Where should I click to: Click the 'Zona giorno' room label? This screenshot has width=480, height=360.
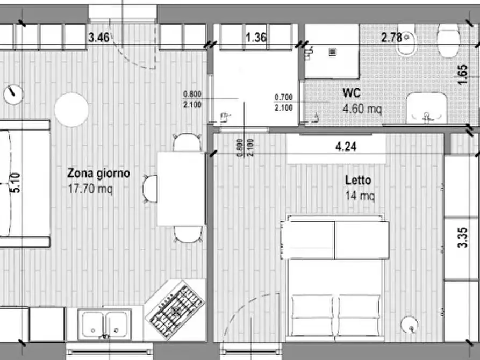pos(98,174)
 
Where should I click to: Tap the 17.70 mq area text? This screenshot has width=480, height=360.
pos(90,189)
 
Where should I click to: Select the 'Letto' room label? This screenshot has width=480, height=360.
pos(358,181)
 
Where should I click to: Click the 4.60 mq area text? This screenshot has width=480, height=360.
pos(362,109)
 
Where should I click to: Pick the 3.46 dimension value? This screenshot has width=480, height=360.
pos(99,38)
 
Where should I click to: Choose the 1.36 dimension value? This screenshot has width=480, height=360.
pos(256,38)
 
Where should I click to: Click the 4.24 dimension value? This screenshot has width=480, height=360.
pos(346,146)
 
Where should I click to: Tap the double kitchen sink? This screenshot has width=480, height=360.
pos(104,324)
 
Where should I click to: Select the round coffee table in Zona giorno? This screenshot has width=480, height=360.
pos(71,110)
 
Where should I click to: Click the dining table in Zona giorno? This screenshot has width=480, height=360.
pos(181,189)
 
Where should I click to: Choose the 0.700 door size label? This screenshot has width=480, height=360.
pos(283,97)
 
